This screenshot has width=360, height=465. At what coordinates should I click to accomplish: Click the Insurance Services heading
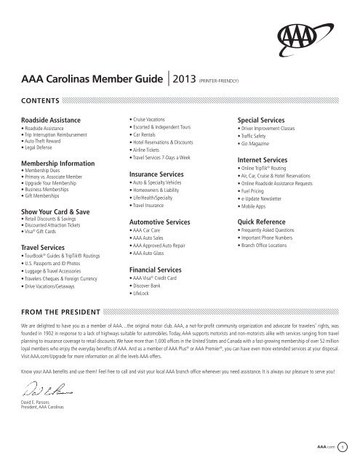[156, 175]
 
